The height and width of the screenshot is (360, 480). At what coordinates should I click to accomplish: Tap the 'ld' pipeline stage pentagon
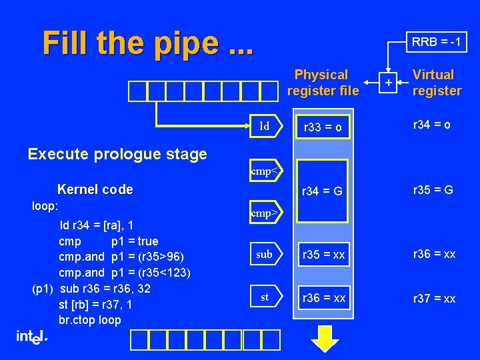click(266, 126)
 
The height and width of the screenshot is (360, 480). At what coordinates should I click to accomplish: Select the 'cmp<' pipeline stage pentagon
click(266, 171)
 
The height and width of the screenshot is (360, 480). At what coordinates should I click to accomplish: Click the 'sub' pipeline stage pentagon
click(266, 254)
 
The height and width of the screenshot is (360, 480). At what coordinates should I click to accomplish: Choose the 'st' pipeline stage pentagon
click(266, 297)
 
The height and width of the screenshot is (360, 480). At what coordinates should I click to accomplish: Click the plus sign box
click(387, 83)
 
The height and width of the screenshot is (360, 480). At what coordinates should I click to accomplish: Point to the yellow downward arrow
click(325, 338)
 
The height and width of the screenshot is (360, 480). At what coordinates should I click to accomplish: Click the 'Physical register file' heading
click(322, 82)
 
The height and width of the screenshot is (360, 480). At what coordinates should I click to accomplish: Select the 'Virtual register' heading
click(437, 82)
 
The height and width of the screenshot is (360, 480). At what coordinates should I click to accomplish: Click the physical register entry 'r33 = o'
click(323, 127)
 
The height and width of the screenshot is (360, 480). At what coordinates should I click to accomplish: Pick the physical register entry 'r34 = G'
click(323, 191)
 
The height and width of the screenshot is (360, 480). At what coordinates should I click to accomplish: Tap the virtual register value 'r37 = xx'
click(434, 298)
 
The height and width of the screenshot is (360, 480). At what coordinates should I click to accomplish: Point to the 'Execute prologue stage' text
click(117, 154)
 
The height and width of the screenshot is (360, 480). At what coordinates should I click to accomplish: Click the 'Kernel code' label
click(95, 189)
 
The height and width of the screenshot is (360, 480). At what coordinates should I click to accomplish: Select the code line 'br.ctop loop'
click(90, 319)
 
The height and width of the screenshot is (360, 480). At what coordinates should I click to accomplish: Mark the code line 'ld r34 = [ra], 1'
click(97, 225)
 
